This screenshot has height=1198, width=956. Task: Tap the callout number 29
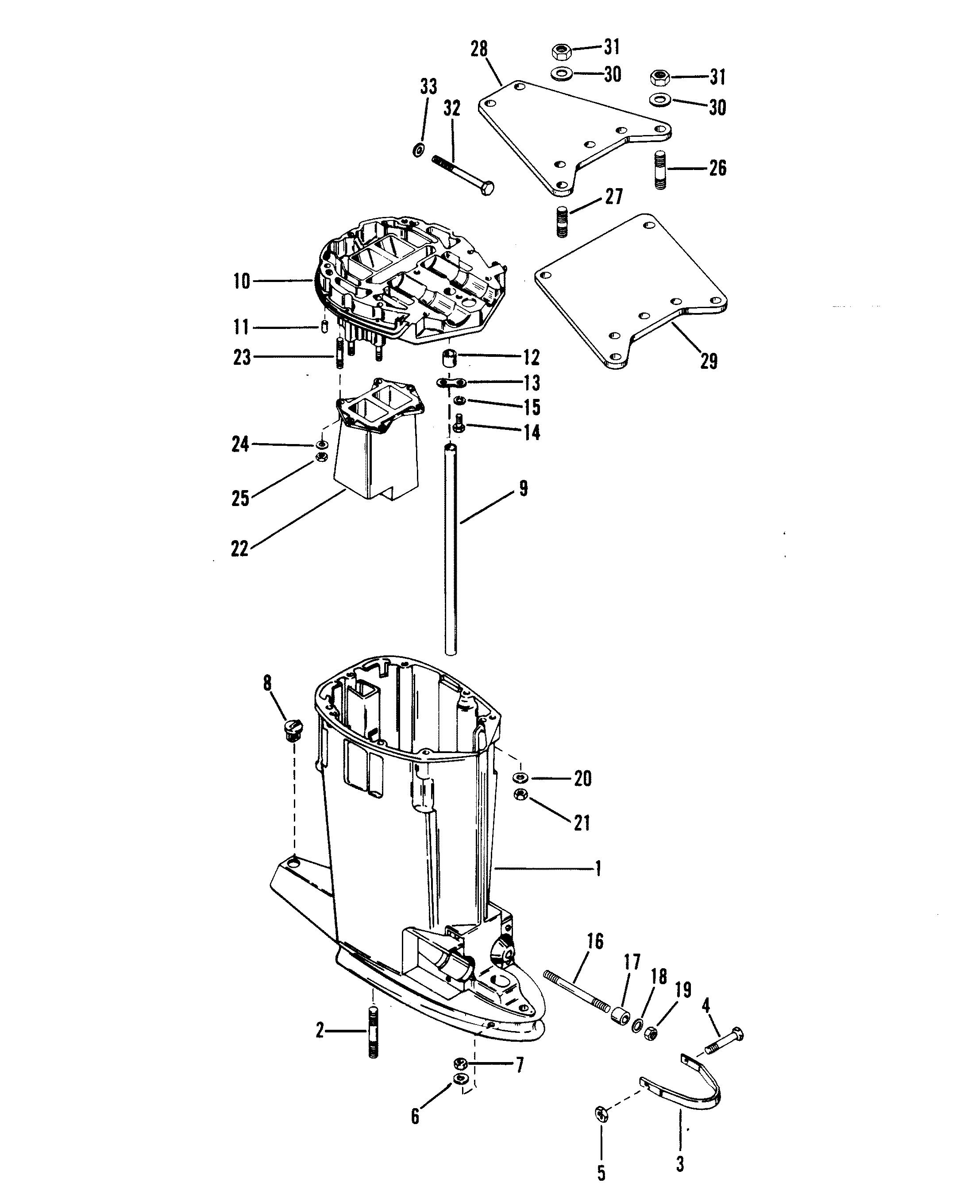tap(708, 361)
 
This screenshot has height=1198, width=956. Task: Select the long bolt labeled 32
tap(462, 174)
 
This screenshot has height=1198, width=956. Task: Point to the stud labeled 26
tap(660, 170)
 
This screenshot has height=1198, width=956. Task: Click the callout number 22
tap(239, 549)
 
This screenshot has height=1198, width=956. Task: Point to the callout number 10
tap(242, 281)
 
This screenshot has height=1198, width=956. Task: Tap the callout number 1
tap(597, 868)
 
